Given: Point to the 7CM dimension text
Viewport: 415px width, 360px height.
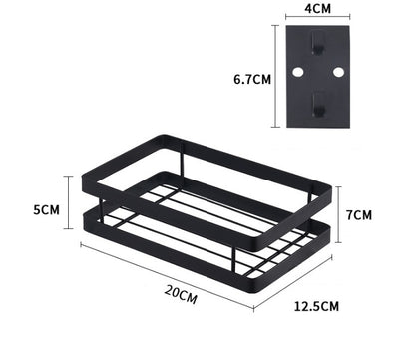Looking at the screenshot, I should pos(361,215).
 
